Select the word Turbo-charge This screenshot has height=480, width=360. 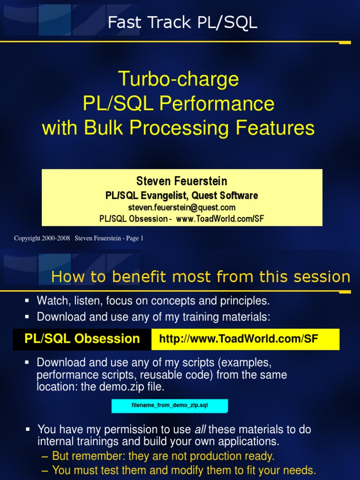click(179, 79)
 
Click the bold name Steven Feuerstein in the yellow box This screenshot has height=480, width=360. click(182, 181)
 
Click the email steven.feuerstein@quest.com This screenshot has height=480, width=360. click(182, 207)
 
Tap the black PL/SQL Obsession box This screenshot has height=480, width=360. click(82, 339)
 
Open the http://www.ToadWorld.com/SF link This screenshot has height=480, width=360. click(239, 339)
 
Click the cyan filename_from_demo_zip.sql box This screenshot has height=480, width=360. click(169, 406)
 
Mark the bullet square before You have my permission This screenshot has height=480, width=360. click(28, 429)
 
